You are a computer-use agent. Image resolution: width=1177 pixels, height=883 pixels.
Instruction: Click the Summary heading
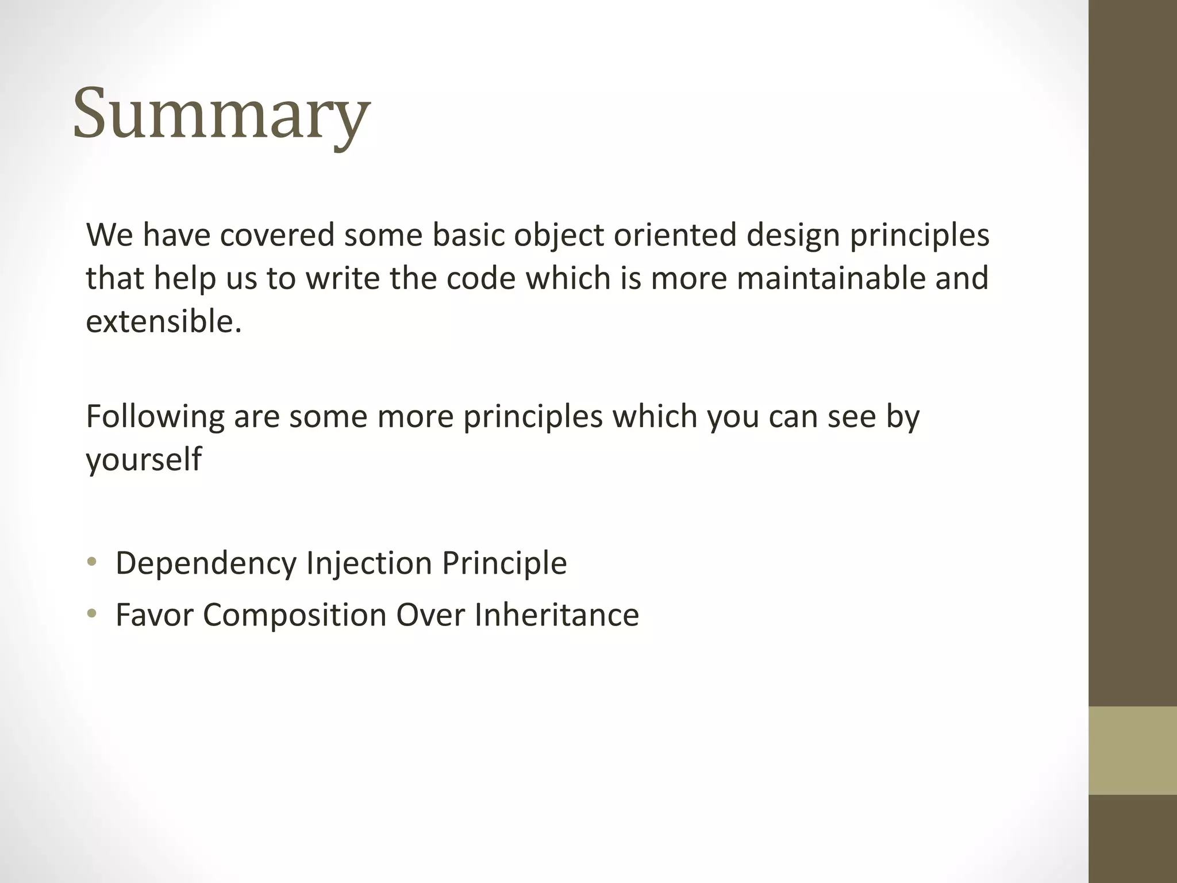pyautogui.click(x=221, y=113)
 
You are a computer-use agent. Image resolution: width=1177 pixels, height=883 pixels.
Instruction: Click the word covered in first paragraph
pyautogui.click(x=277, y=235)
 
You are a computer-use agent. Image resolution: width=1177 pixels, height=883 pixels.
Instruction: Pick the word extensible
pyautogui.click(x=163, y=321)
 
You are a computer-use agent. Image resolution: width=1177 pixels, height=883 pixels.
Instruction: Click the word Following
pyautogui.click(x=155, y=417)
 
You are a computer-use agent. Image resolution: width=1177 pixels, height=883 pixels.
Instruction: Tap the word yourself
pyautogui.click(x=144, y=459)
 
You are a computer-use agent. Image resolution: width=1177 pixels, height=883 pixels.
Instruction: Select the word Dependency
pyautogui.click(x=206, y=563)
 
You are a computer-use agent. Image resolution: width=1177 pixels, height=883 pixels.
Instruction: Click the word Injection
pyautogui.click(x=369, y=563)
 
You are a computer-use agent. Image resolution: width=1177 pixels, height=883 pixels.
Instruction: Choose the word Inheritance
pyautogui.click(x=556, y=615)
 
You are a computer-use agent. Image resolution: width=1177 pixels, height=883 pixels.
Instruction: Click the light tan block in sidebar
pyautogui.click(x=1132, y=750)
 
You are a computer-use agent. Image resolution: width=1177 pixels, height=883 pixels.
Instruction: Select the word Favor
pyautogui.click(x=154, y=615)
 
